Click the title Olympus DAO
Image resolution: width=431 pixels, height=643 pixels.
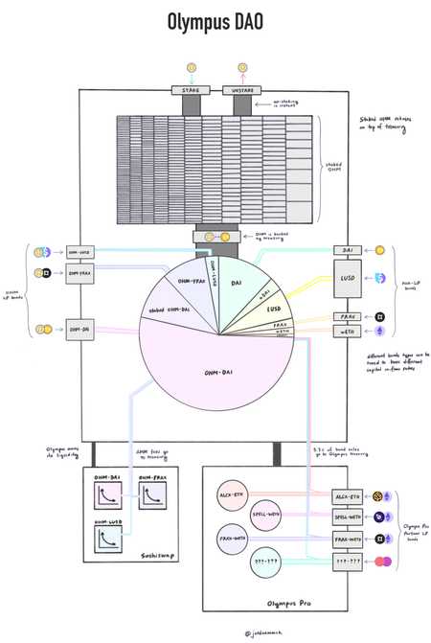point(215,22)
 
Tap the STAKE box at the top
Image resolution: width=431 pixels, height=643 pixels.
point(191,90)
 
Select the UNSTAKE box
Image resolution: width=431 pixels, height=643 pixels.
point(240,90)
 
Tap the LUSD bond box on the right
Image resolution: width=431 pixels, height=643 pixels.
point(348,278)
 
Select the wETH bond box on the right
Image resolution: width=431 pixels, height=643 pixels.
point(348,331)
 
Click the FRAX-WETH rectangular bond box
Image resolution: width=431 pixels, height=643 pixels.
point(347,540)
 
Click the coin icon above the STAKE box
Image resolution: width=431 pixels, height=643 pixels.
point(191,67)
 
